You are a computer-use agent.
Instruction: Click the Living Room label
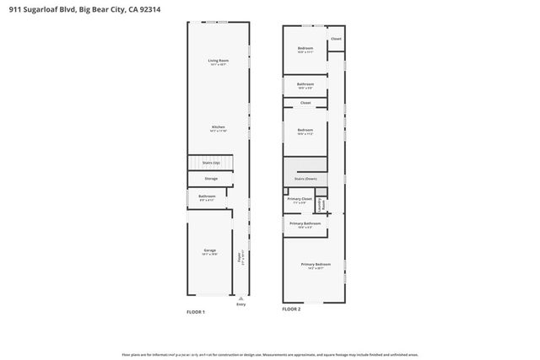coord(219,60)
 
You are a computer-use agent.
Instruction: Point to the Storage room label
coord(211,178)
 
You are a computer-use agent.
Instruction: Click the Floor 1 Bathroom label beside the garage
coord(208,196)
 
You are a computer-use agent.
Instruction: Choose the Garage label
coord(210,250)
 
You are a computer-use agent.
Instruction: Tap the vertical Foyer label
coord(240,256)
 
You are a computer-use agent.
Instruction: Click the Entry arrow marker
coord(242,297)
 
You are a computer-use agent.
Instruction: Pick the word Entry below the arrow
coord(242,304)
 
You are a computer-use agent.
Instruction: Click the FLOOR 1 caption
coord(196,311)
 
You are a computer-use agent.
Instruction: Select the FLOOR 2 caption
coord(291,309)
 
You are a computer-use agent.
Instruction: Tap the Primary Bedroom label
coord(316,265)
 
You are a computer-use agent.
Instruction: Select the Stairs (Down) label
coord(305,179)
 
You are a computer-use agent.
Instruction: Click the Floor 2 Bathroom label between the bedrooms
coord(305,84)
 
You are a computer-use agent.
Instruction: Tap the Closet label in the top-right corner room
coord(336,39)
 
